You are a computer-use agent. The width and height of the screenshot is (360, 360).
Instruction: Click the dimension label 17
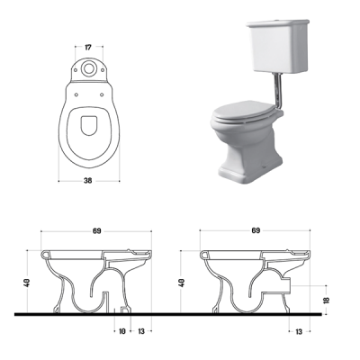88,47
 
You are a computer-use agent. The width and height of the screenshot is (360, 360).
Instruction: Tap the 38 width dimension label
88,181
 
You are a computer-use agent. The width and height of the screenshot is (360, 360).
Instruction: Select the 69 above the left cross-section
96,230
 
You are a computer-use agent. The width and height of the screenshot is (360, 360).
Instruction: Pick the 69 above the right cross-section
256,230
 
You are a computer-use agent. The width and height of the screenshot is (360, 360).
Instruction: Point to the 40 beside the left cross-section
27,283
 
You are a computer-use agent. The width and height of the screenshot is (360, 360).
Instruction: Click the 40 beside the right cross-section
181,283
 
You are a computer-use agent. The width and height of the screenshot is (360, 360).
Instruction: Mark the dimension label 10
121,331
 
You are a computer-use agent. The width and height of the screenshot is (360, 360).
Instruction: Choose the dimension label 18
327,300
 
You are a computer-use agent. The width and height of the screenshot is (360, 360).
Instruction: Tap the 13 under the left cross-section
141,331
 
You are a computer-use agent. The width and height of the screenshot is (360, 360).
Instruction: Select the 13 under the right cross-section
299,331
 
